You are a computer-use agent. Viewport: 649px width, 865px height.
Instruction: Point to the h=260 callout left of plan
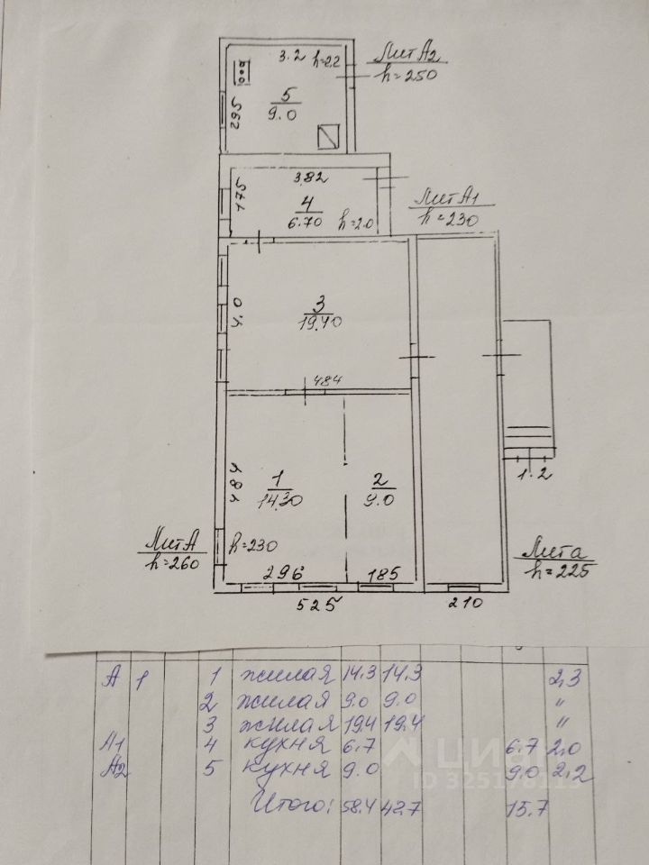pos(173,560)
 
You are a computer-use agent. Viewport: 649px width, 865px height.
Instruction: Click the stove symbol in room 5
pos(243,72)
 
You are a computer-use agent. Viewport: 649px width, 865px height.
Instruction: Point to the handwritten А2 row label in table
pos(114,769)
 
